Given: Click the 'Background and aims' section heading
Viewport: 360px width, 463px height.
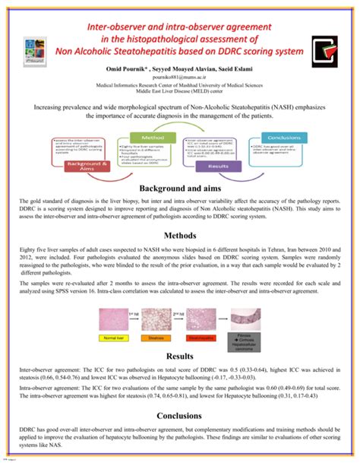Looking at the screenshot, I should (x=179, y=188).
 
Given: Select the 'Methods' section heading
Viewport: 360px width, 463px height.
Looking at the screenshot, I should (x=179, y=236).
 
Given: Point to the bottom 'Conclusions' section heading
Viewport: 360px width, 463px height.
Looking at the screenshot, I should (x=179, y=416).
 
